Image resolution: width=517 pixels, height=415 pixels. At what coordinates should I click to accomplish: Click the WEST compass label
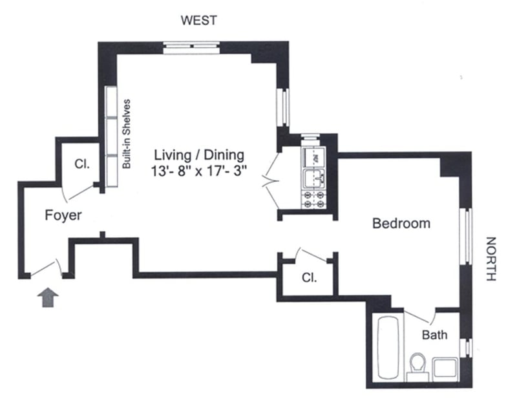coord(198,21)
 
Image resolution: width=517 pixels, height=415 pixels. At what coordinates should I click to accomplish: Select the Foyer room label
coord(63,215)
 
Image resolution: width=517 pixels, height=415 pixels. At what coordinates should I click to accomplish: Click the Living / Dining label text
coord(199,155)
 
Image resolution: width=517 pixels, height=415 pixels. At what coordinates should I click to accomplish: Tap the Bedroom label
coord(401,224)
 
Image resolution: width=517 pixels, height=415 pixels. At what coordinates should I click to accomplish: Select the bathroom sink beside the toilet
coord(445,368)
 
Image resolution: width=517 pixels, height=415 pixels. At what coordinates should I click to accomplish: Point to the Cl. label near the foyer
coord(81,164)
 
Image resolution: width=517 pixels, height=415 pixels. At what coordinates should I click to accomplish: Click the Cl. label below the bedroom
coord(309,278)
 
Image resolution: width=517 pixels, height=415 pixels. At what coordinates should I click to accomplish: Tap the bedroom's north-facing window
coord(464,235)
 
